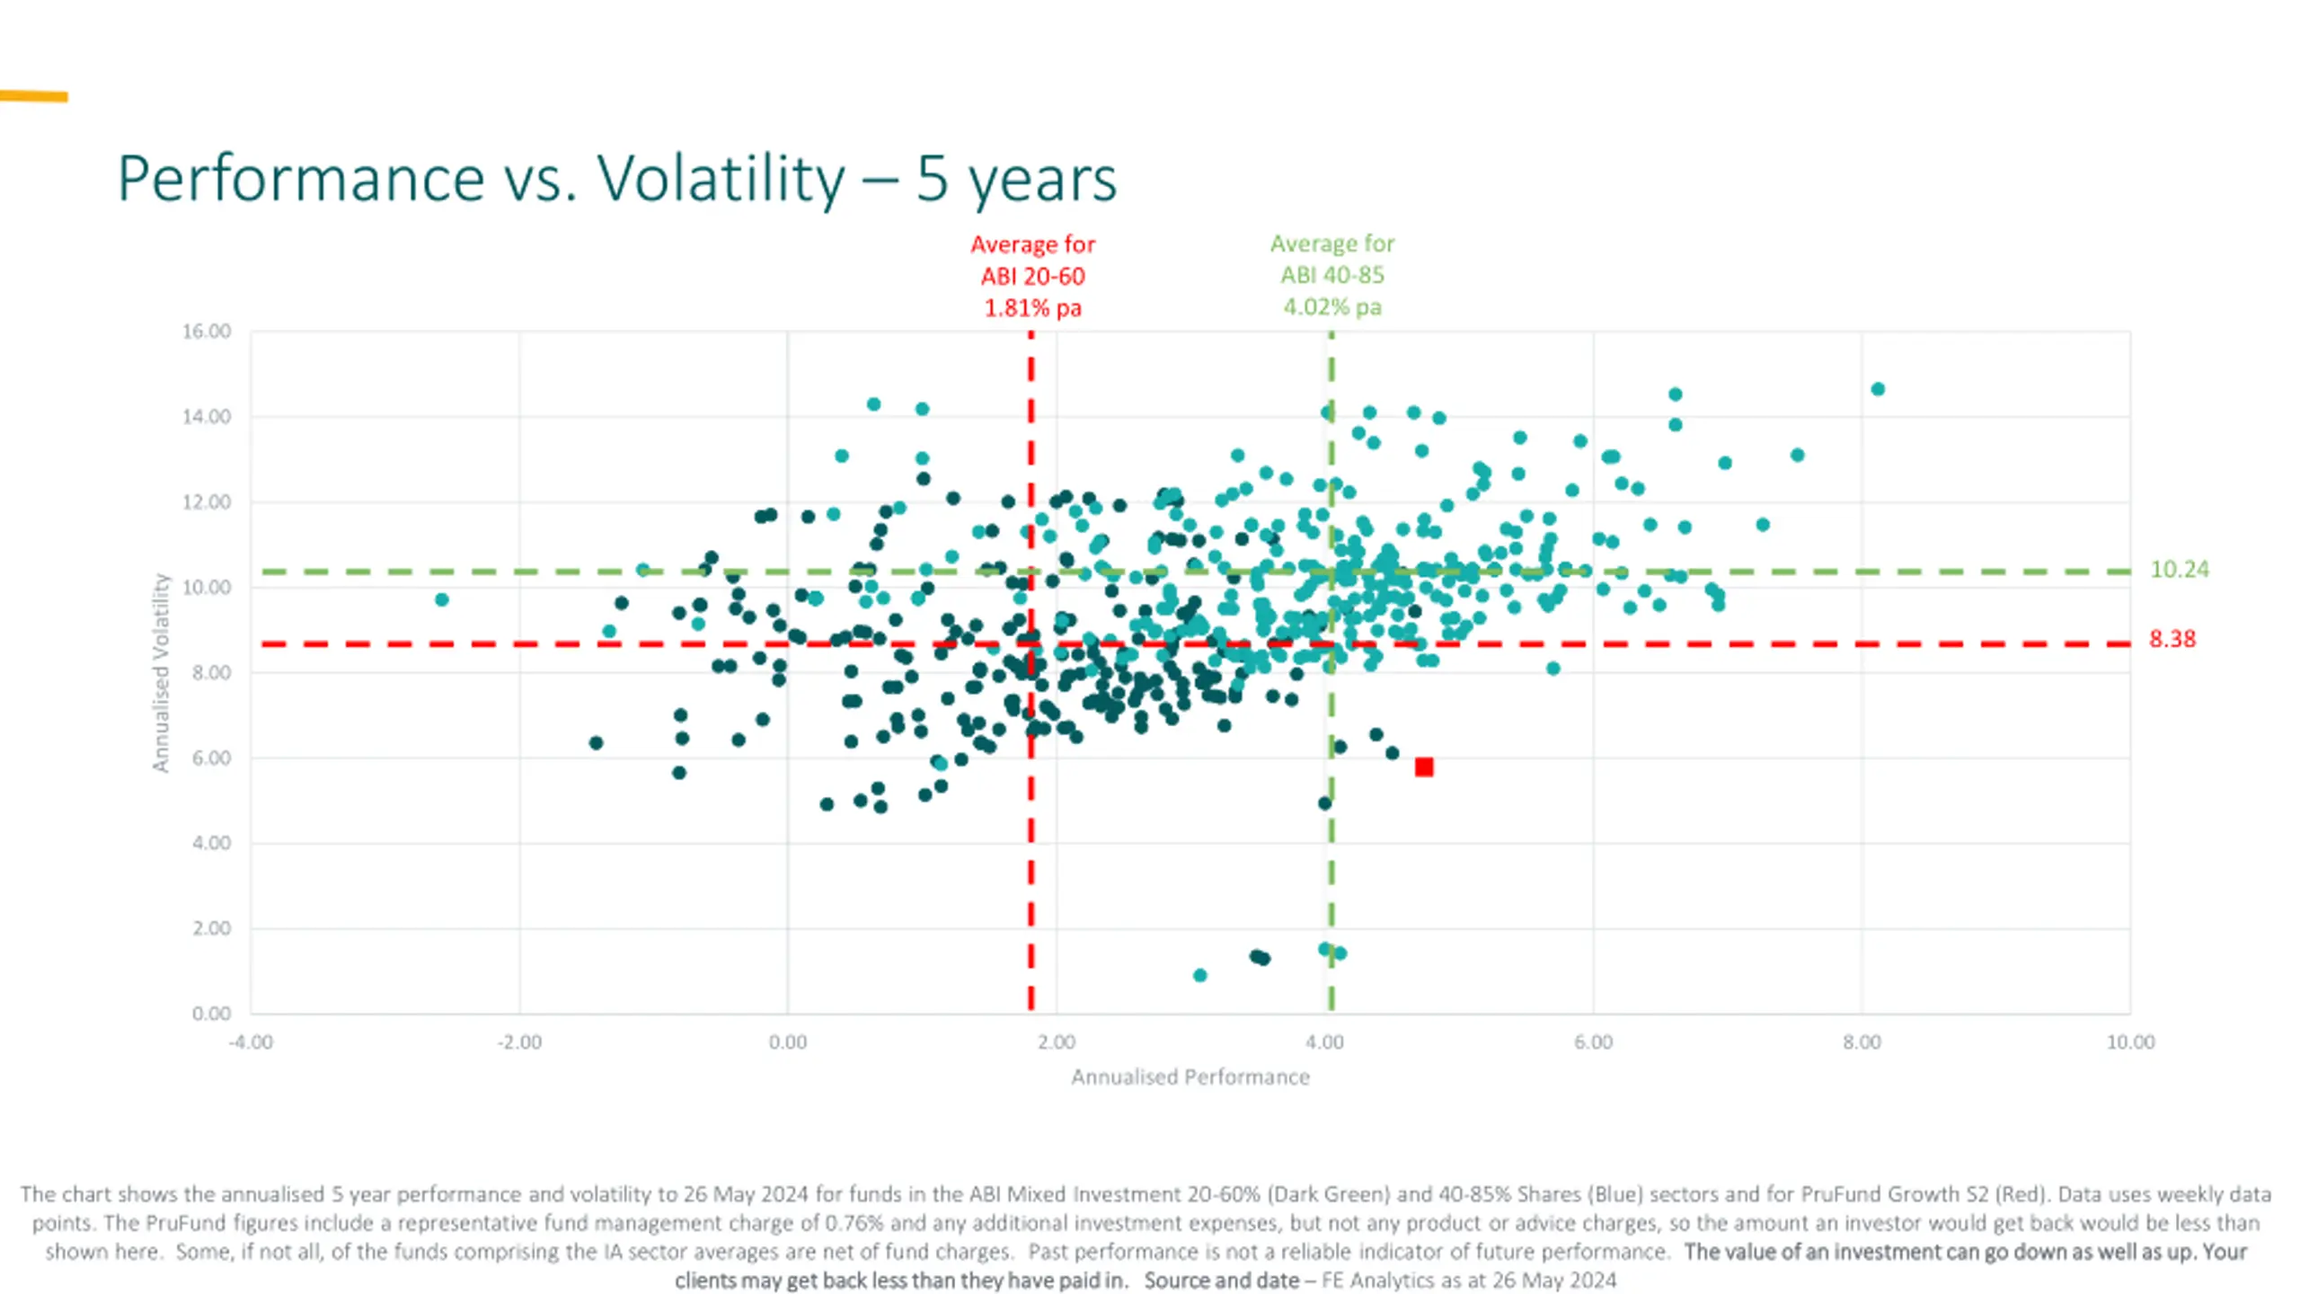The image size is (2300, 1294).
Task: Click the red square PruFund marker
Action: [1424, 767]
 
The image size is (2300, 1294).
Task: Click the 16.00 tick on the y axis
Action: [207, 332]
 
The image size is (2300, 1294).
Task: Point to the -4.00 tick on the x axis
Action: [251, 1042]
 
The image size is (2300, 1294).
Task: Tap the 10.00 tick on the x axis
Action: [2130, 1042]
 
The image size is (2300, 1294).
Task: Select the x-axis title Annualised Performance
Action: [1190, 1077]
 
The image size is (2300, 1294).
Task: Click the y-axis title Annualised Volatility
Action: [161, 672]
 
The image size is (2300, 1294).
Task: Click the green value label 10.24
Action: [2180, 570]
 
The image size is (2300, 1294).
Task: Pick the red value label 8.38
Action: [2172, 639]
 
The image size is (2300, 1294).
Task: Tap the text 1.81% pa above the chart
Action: [1032, 308]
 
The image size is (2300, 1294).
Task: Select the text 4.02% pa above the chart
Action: [1331, 307]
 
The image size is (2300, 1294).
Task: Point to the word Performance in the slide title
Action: [301, 178]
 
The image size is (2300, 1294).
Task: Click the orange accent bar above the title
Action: [33, 96]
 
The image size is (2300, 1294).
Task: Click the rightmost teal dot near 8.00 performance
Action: [1878, 389]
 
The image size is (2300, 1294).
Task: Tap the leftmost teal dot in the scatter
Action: [441, 599]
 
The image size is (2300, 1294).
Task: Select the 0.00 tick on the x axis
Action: [788, 1042]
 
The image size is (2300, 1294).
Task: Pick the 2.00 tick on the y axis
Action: [211, 928]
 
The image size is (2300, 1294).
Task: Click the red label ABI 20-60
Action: [1032, 276]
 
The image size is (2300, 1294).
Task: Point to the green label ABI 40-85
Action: [1331, 275]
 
